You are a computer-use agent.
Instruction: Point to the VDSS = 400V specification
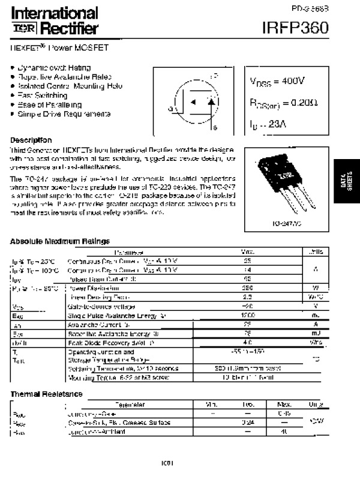277,82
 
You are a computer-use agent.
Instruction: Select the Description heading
31,139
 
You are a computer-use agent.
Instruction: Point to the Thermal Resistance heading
46,394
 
